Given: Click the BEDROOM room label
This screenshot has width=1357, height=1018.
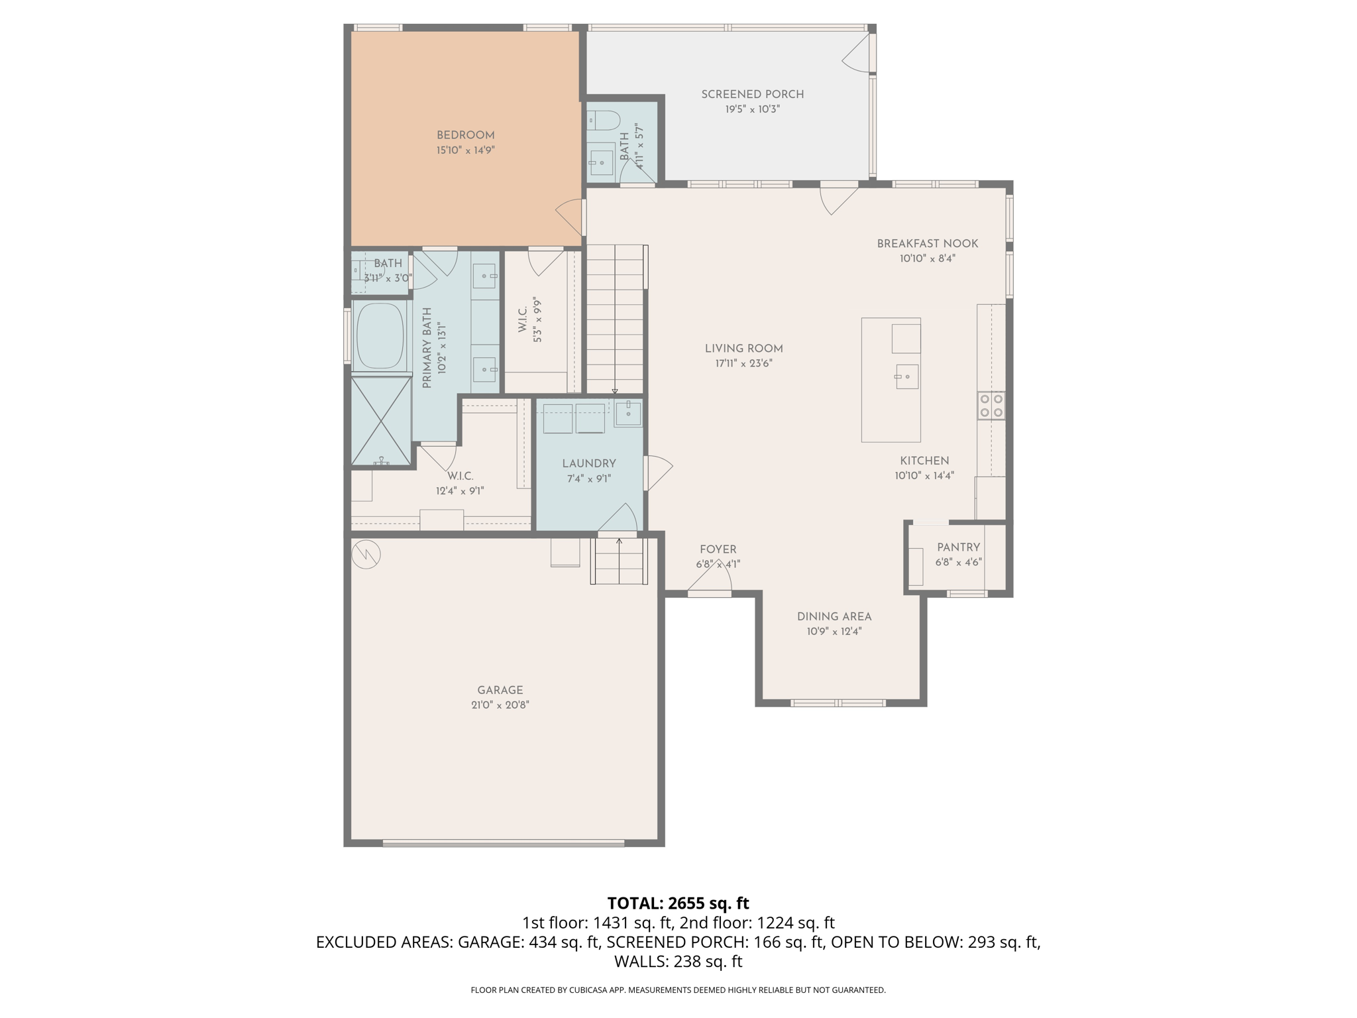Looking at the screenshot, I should coord(465,135).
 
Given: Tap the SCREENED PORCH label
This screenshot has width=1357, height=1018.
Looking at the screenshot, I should coord(752,94).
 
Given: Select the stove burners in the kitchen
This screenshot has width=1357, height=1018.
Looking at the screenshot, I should coord(991,406).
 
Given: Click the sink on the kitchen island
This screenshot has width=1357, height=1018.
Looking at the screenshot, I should coord(906,376).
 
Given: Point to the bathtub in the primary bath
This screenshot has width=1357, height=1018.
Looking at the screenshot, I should coord(380,336).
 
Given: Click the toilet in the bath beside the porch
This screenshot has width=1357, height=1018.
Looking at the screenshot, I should coord(604,121).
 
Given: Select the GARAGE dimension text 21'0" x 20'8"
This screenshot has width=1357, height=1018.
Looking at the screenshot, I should coord(500,705).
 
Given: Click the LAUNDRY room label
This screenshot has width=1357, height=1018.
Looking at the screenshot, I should coord(588,464).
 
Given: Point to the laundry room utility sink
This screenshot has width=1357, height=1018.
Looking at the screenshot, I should coord(627,413).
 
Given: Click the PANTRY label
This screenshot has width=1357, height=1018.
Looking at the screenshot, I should coord(958,547).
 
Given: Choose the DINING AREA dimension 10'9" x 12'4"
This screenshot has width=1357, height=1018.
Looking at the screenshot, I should coord(834,632).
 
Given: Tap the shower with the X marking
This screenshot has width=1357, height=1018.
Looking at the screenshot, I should coord(380,420).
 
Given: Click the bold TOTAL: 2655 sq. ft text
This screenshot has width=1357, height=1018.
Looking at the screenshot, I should coord(678,903).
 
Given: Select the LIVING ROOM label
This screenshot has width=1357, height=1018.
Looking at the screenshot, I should coord(743,349).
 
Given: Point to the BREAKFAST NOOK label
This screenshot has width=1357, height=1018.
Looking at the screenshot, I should coord(927,243).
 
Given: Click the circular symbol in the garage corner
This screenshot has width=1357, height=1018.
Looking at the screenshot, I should coord(365,555).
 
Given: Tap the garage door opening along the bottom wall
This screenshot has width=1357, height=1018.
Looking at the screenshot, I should coord(503,844).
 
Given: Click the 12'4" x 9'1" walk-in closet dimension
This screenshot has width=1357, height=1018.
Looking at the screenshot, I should coord(460,491).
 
